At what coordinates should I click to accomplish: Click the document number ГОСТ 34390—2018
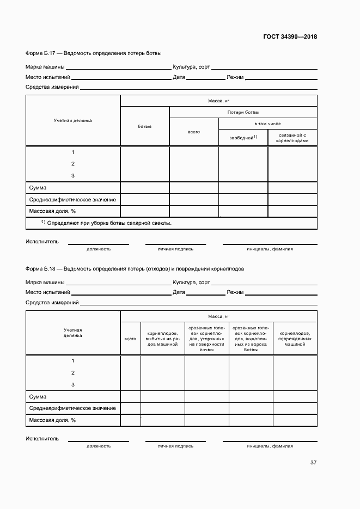pyautogui.click(x=290, y=37)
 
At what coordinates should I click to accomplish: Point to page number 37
pyautogui.click(x=313, y=463)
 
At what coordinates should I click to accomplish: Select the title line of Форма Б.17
pyautogui.click(x=94, y=53)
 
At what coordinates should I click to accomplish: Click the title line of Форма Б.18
pyautogui.click(x=135, y=269)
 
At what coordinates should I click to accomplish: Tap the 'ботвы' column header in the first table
pyautogui.click(x=144, y=126)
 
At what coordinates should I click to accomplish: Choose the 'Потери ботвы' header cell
pyautogui.click(x=243, y=112)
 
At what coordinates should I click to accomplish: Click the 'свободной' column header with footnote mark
pyautogui.click(x=243, y=138)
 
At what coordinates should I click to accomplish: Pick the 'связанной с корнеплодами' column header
pyautogui.click(x=292, y=138)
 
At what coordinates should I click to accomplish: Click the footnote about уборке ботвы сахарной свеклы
pyautogui.click(x=106, y=223)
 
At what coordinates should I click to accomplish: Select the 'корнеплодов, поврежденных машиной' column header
pyautogui.click(x=295, y=335)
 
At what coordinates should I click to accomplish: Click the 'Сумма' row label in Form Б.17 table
pyautogui.click(x=38, y=188)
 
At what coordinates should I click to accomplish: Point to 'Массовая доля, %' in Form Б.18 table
pyautogui.click(x=52, y=420)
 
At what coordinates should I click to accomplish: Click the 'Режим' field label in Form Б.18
pyautogui.click(x=235, y=292)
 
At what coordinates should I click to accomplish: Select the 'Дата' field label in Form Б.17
pyautogui.click(x=179, y=77)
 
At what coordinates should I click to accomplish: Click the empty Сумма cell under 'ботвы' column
pyautogui.click(x=144, y=188)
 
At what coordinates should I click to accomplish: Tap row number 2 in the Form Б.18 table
pyautogui.click(x=72, y=373)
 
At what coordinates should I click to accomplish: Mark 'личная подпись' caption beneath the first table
pyautogui.click(x=175, y=249)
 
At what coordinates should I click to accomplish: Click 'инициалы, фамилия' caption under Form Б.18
pyautogui.click(x=270, y=446)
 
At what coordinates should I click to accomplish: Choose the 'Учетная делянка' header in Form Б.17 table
pyautogui.click(x=72, y=120)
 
